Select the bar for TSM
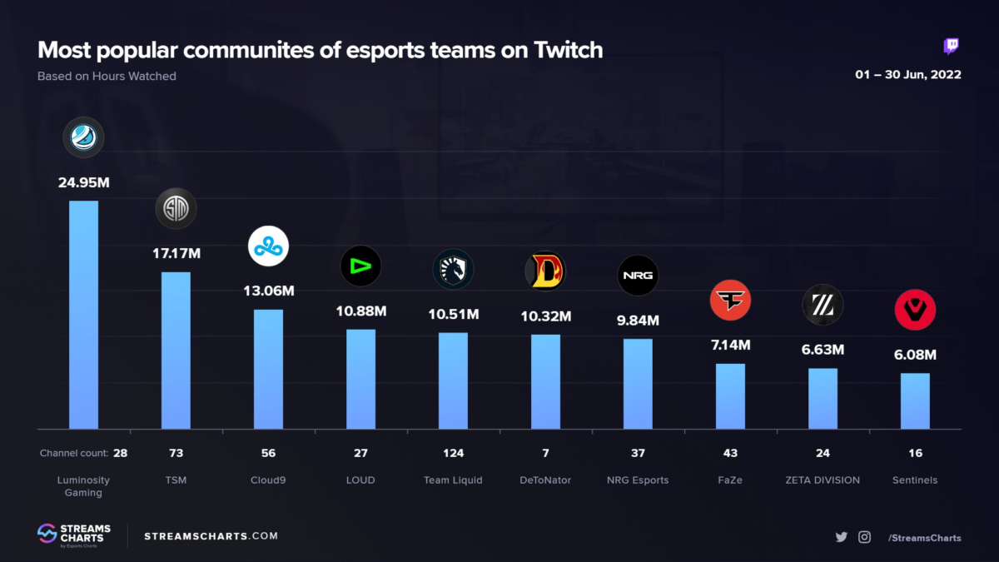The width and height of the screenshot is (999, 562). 176,350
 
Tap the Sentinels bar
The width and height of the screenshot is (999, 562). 915,400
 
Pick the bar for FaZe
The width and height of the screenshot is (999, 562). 730,395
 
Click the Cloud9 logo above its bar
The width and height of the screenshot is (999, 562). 268,246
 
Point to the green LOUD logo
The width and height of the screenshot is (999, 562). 360,266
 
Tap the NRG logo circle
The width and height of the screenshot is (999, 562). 638,275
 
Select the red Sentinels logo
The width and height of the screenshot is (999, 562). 915,311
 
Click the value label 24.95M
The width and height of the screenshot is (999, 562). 83,182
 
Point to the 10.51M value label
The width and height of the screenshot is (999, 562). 453,314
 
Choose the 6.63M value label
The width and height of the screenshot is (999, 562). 823,350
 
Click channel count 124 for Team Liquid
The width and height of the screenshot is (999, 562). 453,454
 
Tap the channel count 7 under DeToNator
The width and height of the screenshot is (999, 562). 545,454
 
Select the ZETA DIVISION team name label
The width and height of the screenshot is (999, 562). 823,480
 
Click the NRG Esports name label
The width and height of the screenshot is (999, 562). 638,480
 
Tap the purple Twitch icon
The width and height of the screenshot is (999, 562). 952,47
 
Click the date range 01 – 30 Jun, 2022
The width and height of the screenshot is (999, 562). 908,75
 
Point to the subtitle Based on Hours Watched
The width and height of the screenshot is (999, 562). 107,77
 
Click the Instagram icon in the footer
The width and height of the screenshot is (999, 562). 864,537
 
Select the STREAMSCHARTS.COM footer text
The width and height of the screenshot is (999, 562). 211,536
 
